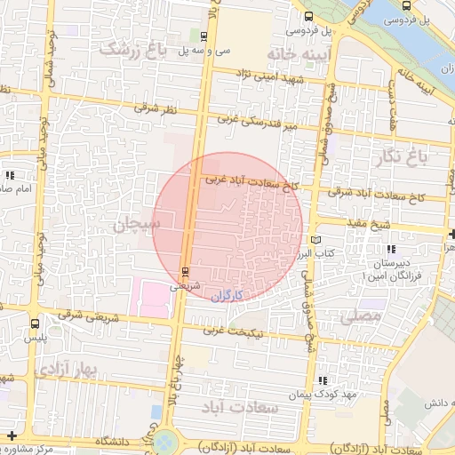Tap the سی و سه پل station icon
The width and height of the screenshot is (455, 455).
pos(205,37)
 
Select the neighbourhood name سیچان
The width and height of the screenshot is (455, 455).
pos(132,225)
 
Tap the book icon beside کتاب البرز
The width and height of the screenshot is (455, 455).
pos(315,240)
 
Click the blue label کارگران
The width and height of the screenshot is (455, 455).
pos(227,294)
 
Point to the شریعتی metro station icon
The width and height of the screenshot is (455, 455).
pos(185,271)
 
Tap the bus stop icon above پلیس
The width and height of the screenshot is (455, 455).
pos(34,323)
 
